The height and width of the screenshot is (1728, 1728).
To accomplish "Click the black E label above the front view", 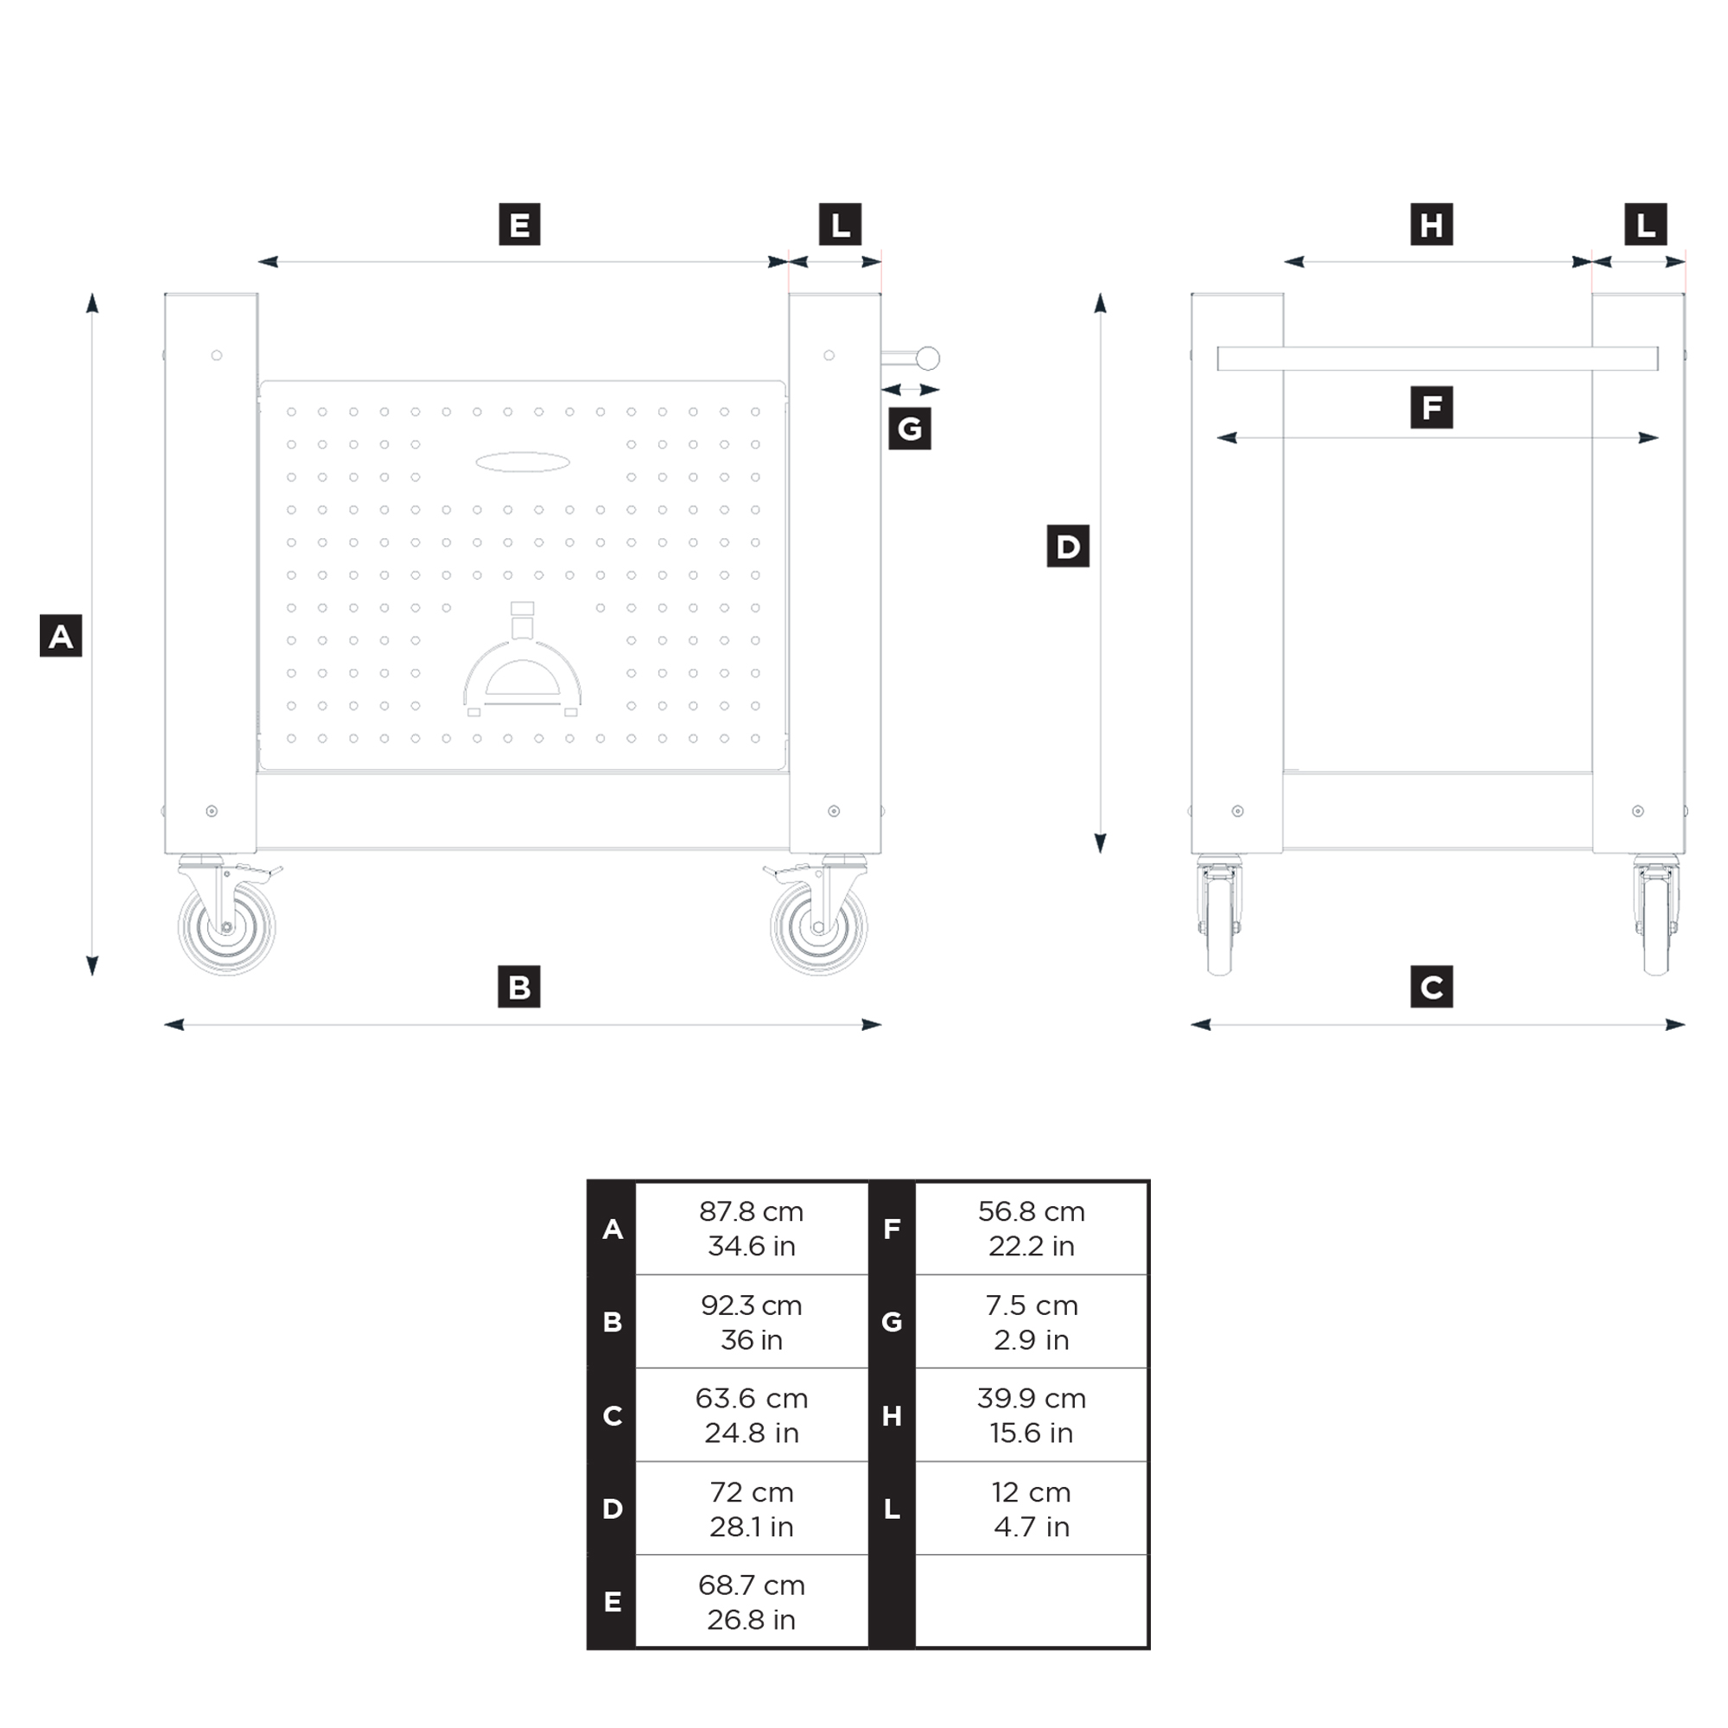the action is coord(518,224).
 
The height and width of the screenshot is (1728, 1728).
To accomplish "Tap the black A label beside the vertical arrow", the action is coord(60,635).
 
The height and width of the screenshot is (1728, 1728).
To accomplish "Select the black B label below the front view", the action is coord(518,987).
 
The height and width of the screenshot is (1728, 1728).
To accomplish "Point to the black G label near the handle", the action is coord(910,429).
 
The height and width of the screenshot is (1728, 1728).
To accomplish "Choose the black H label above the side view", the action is coord(1431,224).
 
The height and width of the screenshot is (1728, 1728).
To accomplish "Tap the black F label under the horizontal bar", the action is coord(1431,407).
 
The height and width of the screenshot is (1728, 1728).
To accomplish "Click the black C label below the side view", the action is coord(1431,987).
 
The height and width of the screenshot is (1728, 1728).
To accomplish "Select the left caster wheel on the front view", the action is coord(226,926).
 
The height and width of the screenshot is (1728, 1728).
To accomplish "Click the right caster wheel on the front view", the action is coord(818,926).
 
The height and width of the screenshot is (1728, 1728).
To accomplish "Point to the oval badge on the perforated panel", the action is coord(523,462).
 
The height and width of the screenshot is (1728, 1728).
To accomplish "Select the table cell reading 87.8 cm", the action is coord(752,1228).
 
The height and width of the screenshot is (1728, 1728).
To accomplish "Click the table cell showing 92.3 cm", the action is coord(752,1321).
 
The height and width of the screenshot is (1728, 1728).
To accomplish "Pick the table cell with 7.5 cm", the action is coord(1032,1321).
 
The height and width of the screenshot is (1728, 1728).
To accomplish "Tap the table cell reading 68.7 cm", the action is coord(752,1601).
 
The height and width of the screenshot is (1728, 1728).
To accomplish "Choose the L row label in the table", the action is coord(892,1508).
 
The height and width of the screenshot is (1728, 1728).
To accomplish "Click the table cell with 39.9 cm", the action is coord(1032,1415).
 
